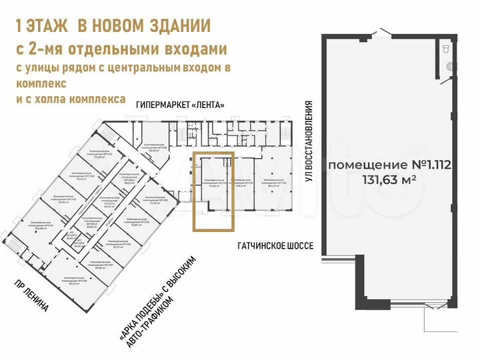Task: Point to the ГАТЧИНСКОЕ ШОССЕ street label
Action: click(275, 245)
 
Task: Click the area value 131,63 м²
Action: click(389, 179)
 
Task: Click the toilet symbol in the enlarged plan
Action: click(447, 49)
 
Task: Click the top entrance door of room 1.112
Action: click(381, 32)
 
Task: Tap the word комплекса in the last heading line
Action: click(94, 98)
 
